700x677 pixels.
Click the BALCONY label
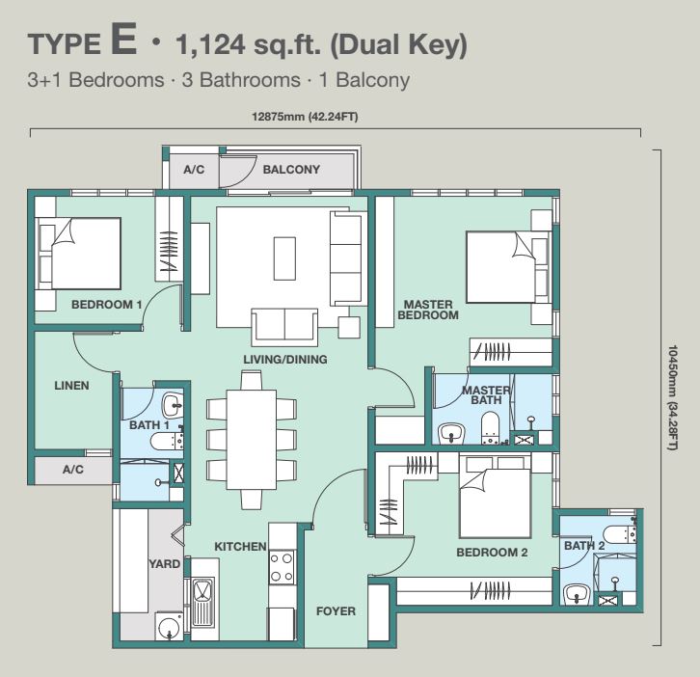291,170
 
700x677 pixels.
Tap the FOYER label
336,610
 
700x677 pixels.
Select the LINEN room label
71,386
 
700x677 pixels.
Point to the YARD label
164,563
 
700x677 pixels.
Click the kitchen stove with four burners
283,567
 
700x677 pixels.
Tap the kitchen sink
203,602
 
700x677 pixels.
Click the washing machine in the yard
169,626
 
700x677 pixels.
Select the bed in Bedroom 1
78,254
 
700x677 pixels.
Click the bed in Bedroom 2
495,497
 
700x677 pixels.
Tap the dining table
252,440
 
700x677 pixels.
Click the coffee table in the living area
284,258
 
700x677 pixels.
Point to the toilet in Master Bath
490,428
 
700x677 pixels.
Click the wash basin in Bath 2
577,594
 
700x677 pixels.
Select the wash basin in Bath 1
173,404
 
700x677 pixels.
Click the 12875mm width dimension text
305,117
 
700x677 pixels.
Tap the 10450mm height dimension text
673,397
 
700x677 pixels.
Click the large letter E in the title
123,40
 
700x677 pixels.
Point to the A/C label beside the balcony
194,170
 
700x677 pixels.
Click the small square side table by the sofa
349,327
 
